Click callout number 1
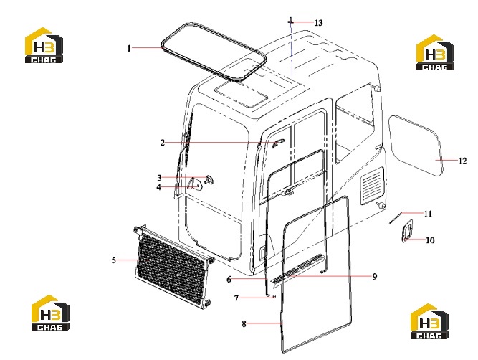point(129,48)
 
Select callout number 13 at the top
point(319,23)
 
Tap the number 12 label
point(463,161)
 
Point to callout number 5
point(114,260)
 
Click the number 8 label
point(244,323)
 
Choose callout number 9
point(375,276)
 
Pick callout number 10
point(430,240)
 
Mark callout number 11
point(429,214)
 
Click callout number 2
point(163,143)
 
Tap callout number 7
point(236,298)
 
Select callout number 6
point(229,279)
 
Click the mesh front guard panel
point(173,265)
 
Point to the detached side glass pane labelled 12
point(416,146)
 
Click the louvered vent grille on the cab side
point(372,186)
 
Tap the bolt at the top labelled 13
point(291,22)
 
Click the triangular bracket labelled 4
point(194,184)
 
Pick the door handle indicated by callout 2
point(278,143)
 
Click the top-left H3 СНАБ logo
point(44,45)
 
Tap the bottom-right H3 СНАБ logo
point(429,321)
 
